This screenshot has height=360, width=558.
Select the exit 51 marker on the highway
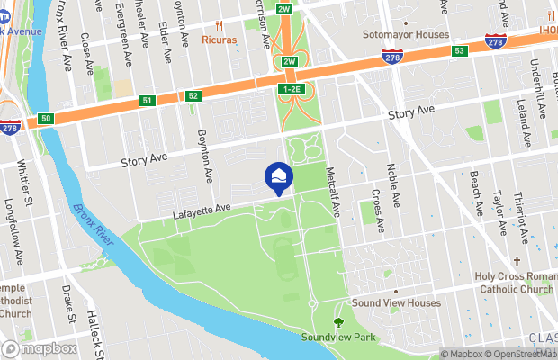(x=147, y=102)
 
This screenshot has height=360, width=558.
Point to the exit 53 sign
(x=458, y=51)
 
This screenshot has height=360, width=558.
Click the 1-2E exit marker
(x=291, y=90)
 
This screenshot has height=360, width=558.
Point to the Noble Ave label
(x=391, y=180)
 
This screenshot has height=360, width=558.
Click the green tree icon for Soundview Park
(x=339, y=321)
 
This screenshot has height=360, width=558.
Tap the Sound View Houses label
(x=396, y=303)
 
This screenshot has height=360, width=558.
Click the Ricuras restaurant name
(x=219, y=40)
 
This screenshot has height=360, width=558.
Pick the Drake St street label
(x=67, y=303)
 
